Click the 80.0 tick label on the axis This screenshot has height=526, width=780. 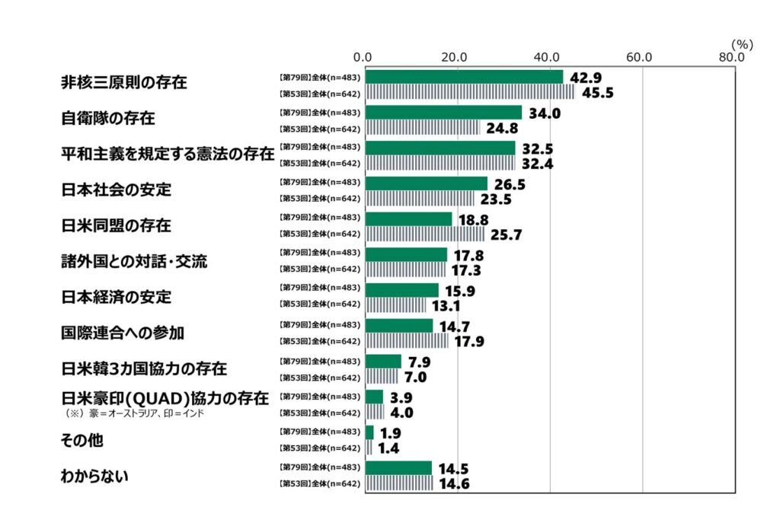[x=732, y=57]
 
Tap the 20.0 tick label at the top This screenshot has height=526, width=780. [x=456, y=57]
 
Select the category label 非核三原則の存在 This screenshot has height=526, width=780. [x=124, y=82]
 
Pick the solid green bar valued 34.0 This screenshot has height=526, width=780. [x=443, y=113]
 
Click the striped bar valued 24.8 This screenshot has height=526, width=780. [x=423, y=128]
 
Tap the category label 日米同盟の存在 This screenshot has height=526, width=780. [x=116, y=226]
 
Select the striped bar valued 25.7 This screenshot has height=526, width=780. [x=424, y=234]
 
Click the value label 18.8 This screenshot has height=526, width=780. [x=474, y=219]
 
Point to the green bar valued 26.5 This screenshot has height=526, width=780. [x=426, y=183]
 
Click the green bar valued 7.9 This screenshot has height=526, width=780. [x=383, y=361]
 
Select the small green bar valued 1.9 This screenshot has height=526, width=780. [x=369, y=432]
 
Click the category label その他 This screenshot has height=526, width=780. [x=82, y=441]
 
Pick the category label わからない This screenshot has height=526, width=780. [x=95, y=477]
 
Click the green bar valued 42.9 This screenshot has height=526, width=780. [x=464, y=77]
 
